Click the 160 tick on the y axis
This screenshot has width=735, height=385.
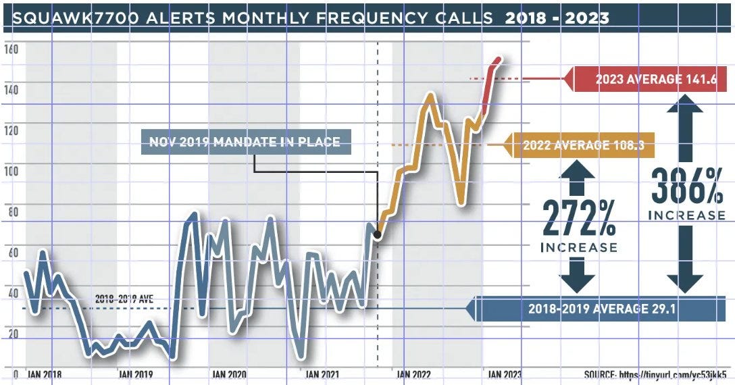10,49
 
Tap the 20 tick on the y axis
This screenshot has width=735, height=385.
10,334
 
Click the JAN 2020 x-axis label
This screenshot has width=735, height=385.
228,374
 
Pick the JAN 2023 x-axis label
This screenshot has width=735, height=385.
503,374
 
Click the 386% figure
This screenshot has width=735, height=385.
687,186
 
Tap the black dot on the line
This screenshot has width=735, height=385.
377,235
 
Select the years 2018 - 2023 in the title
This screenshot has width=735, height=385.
557,18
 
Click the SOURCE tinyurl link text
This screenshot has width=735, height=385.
656,374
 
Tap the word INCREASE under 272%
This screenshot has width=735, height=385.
579,247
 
